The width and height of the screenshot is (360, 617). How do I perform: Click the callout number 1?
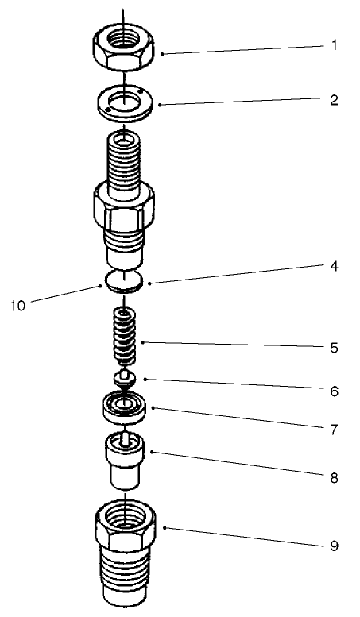(x=335, y=45)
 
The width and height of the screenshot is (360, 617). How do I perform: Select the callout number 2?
(x=335, y=101)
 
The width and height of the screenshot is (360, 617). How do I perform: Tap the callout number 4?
(x=335, y=267)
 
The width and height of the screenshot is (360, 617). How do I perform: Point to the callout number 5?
(x=335, y=348)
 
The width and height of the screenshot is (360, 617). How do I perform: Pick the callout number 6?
(x=335, y=391)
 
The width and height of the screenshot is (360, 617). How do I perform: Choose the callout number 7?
(x=335, y=431)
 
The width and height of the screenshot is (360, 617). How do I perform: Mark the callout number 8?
(x=335, y=478)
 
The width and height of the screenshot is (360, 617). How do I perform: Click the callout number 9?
(x=335, y=546)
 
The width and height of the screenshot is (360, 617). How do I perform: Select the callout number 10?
(x=17, y=305)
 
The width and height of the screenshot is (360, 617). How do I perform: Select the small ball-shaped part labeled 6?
(x=123, y=376)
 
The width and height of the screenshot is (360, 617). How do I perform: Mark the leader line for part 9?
(x=238, y=536)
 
